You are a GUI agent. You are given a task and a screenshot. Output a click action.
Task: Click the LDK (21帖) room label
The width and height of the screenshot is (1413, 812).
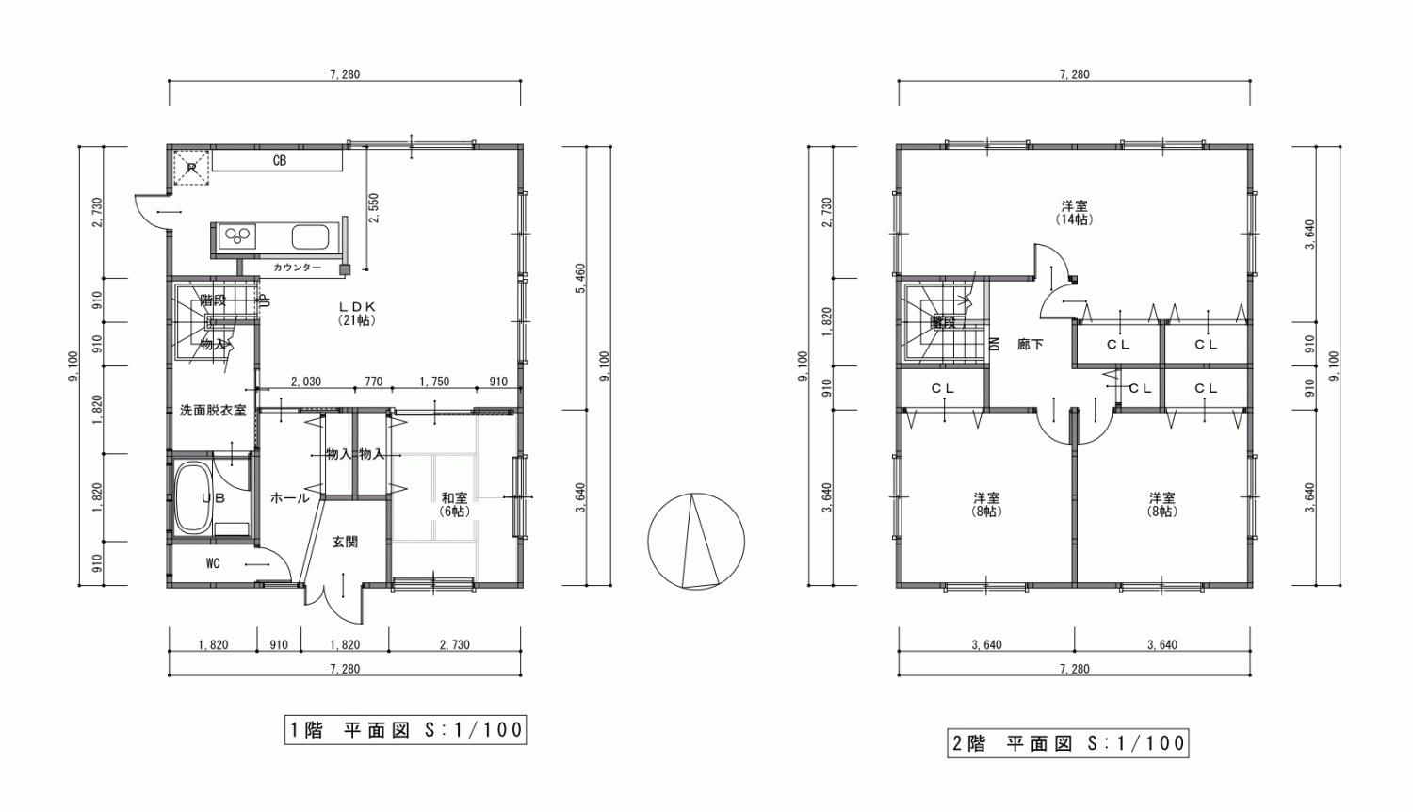coord(357,313)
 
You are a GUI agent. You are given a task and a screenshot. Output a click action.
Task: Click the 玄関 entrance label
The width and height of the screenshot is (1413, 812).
coord(345,542)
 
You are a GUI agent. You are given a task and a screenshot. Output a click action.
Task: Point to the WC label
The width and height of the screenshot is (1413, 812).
coord(213,563)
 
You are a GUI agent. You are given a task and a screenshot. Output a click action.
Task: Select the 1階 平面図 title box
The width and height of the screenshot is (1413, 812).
coord(404,729)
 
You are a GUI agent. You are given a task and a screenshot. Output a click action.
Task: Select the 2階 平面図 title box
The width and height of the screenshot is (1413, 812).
coord(1067,742)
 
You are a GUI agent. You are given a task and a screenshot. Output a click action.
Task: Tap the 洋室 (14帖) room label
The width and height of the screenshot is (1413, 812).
coord(1074,212)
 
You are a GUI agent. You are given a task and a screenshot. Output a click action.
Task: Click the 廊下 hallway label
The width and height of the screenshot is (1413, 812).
coord(1031,345)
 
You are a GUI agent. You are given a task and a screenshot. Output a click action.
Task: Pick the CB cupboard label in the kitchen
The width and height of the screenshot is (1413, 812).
coord(279,161)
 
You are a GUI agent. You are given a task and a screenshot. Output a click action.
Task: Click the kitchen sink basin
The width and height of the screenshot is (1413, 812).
coord(310,236)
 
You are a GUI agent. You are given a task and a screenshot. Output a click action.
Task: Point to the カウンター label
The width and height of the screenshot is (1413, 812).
coord(297,268)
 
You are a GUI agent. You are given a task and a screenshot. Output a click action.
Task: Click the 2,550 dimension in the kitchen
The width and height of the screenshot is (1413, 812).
coord(374,208)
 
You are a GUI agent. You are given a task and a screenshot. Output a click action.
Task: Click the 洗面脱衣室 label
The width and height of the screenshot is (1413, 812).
coord(213,411)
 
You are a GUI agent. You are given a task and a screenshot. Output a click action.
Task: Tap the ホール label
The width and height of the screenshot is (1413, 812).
coord(289,497)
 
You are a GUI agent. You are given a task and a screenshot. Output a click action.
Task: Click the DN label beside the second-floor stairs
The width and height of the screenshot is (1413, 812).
coord(995,344)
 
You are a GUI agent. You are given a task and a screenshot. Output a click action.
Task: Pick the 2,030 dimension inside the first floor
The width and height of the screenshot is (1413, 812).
coord(305,382)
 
